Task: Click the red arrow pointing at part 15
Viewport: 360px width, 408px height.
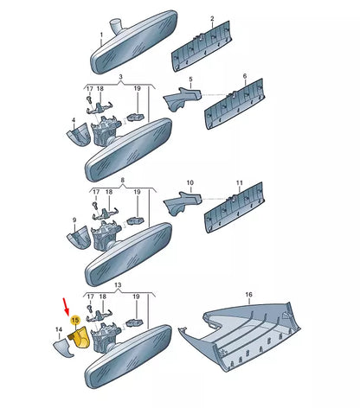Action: coord(67,307)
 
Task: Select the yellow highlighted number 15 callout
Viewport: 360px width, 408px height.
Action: coord(75,320)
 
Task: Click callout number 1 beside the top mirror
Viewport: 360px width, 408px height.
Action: coord(101,35)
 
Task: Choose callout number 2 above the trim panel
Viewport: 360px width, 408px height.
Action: coord(212,19)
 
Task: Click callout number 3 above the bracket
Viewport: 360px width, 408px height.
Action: coord(120,77)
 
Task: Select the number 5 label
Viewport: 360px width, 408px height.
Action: coord(190,80)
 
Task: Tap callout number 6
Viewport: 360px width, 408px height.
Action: coord(245,76)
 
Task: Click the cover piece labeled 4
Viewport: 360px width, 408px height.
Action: coord(78,135)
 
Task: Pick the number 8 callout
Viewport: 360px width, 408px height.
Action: coord(122,180)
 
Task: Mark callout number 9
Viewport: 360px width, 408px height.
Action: coord(74,220)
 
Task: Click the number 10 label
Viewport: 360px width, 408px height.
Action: coord(190,183)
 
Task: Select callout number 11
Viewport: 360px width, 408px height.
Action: coord(240,183)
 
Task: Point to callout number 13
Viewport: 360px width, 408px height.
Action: coord(118,285)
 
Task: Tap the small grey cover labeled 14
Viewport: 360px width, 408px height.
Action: coord(63,347)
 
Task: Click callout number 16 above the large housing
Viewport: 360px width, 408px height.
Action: coord(248,295)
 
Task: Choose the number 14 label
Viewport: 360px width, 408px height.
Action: coord(59,329)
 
